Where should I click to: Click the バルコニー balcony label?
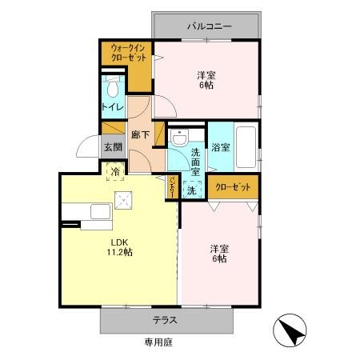(x=210, y=26)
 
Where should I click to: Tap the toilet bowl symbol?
(x=113, y=88)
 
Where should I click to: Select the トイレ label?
(x=113, y=107)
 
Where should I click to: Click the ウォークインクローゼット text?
(x=129, y=53)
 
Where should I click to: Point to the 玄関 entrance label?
(x=113, y=147)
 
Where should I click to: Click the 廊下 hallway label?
(x=140, y=134)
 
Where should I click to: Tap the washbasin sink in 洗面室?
(x=179, y=138)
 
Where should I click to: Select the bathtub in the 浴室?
(x=246, y=147)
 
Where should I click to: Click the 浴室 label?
(x=221, y=147)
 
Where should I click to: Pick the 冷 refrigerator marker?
(x=115, y=172)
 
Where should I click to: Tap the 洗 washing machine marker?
(x=191, y=190)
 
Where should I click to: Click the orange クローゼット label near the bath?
(x=233, y=187)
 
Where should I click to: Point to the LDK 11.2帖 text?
(x=120, y=247)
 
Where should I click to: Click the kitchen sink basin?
(x=100, y=212)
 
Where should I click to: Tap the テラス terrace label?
(x=165, y=320)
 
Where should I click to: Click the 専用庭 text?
(x=158, y=342)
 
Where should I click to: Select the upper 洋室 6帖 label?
(x=206, y=80)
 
